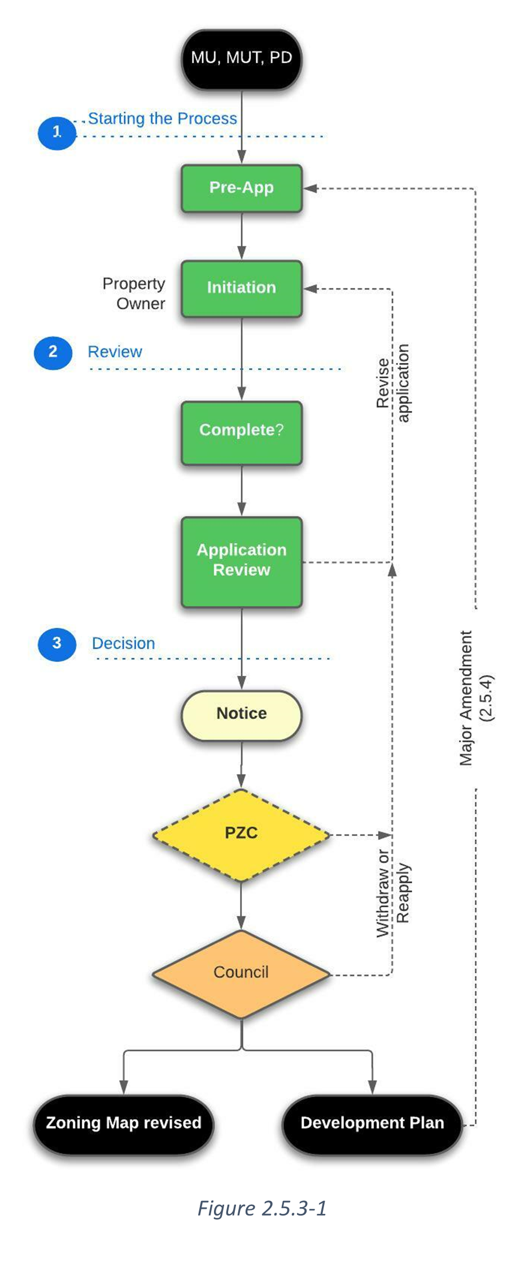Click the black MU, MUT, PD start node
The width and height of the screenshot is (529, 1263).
pyautogui.click(x=241, y=59)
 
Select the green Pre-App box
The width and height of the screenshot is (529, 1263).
pyautogui.click(x=241, y=188)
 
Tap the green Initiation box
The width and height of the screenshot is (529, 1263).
pyautogui.click(x=241, y=288)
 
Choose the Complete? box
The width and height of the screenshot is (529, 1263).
pyautogui.click(x=241, y=431)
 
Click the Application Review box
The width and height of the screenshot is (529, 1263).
pyautogui.click(x=241, y=561)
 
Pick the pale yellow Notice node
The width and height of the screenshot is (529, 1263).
pyautogui.click(x=241, y=714)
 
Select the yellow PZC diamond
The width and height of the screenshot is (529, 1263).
pyautogui.click(x=241, y=834)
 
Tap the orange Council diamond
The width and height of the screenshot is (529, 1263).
pyautogui.click(x=241, y=973)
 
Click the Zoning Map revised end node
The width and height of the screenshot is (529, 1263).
pyautogui.click(x=124, y=1124)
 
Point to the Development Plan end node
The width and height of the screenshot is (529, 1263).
pyautogui.click(x=372, y=1124)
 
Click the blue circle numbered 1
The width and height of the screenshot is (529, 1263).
pyautogui.click(x=56, y=133)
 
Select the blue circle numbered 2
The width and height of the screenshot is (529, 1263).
pyautogui.click(x=53, y=352)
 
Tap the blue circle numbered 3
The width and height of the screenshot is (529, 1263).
pyautogui.click(x=56, y=644)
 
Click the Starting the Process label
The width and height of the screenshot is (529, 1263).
pyautogui.click(x=163, y=119)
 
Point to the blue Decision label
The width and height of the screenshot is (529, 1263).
pyautogui.click(x=123, y=644)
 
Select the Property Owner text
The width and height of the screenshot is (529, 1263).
pyautogui.click(x=134, y=294)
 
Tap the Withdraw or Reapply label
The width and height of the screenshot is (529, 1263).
pyautogui.click(x=393, y=893)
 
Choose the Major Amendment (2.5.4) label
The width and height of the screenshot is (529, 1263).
pyautogui.click(x=475, y=698)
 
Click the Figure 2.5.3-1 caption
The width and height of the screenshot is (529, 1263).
pyautogui.click(x=262, y=1208)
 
